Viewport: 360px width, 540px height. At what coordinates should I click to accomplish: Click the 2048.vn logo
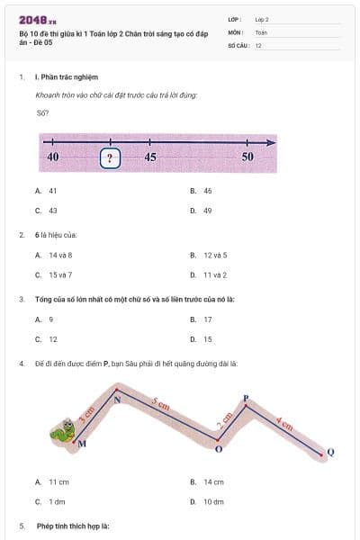click(34, 19)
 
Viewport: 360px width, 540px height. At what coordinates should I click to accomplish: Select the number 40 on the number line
click(52, 157)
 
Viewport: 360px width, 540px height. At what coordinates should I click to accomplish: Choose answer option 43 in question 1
click(52, 211)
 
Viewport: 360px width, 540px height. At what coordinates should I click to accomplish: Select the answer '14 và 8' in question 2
click(59, 255)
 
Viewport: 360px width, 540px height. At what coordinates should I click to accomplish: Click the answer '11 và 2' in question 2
click(214, 274)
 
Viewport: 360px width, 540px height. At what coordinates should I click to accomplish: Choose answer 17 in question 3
click(207, 319)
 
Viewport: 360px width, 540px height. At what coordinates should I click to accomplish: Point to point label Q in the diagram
click(330, 452)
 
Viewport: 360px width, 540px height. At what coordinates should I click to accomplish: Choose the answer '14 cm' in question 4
click(213, 482)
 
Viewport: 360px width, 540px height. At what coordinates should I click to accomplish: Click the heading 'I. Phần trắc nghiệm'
click(70, 78)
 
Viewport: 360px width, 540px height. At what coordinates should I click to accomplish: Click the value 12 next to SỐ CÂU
click(259, 45)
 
